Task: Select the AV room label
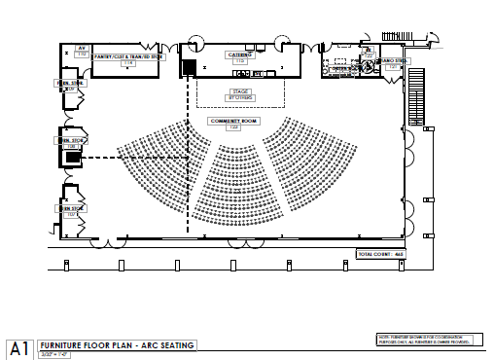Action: (83, 47)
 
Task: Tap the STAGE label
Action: (239, 92)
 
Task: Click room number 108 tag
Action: (70, 147)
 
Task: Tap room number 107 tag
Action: (70, 214)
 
